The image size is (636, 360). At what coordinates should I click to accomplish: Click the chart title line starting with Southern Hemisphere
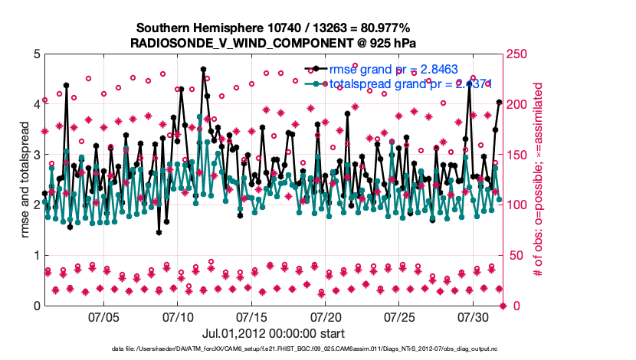(274, 28)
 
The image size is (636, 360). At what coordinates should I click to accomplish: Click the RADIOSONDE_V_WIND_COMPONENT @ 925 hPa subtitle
(274, 42)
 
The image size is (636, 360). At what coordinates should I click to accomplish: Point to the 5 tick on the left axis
(36, 54)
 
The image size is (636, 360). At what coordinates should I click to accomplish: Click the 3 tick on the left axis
(36, 155)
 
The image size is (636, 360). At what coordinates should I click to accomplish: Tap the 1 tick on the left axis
(36, 256)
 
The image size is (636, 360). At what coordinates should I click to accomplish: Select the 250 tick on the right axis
(519, 54)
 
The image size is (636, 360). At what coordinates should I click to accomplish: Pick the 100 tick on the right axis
(519, 205)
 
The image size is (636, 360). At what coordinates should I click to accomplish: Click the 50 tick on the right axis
(516, 256)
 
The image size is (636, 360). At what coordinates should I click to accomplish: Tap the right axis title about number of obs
(539, 180)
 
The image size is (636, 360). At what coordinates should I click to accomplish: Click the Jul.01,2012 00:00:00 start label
(274, 333)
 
